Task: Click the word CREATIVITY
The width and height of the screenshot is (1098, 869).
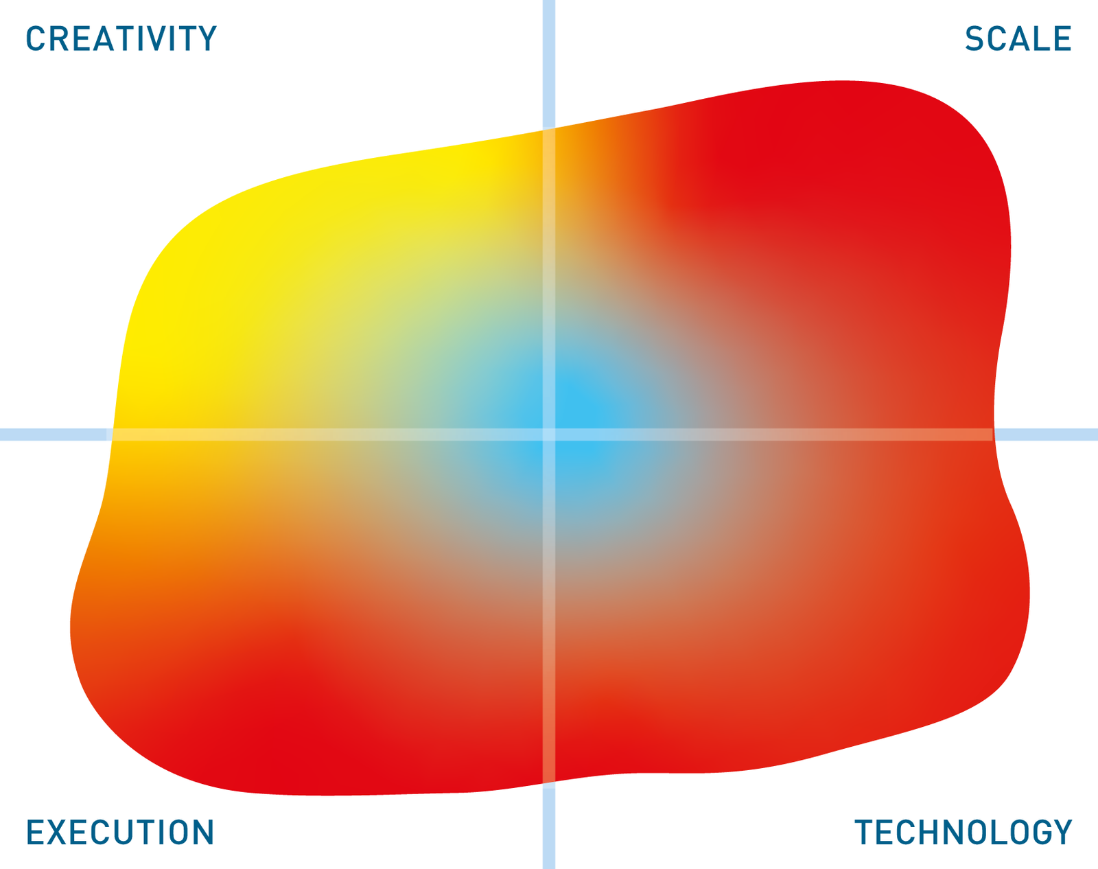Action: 121,38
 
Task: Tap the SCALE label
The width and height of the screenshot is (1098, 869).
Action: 1018,38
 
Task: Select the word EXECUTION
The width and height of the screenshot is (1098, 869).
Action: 120,832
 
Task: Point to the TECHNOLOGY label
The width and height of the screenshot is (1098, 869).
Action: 963,832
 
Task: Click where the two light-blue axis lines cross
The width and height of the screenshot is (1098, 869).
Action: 549,434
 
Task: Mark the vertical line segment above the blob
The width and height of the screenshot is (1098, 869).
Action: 549,64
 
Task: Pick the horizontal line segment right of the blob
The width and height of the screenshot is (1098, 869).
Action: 1045,434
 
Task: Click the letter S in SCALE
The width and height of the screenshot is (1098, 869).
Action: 974,38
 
